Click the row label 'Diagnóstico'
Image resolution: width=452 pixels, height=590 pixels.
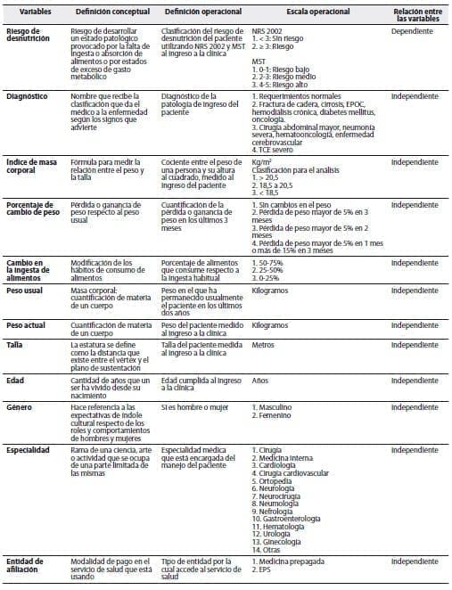click(29, 94)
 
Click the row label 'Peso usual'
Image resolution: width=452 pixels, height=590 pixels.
click(27, 291)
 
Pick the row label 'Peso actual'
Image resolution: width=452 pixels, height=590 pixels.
click(28, 326)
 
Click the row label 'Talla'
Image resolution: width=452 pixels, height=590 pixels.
click(15, 344)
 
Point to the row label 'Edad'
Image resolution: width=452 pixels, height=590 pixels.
click(16, 380)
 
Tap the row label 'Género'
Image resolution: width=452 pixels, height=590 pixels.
click(21, 406)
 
